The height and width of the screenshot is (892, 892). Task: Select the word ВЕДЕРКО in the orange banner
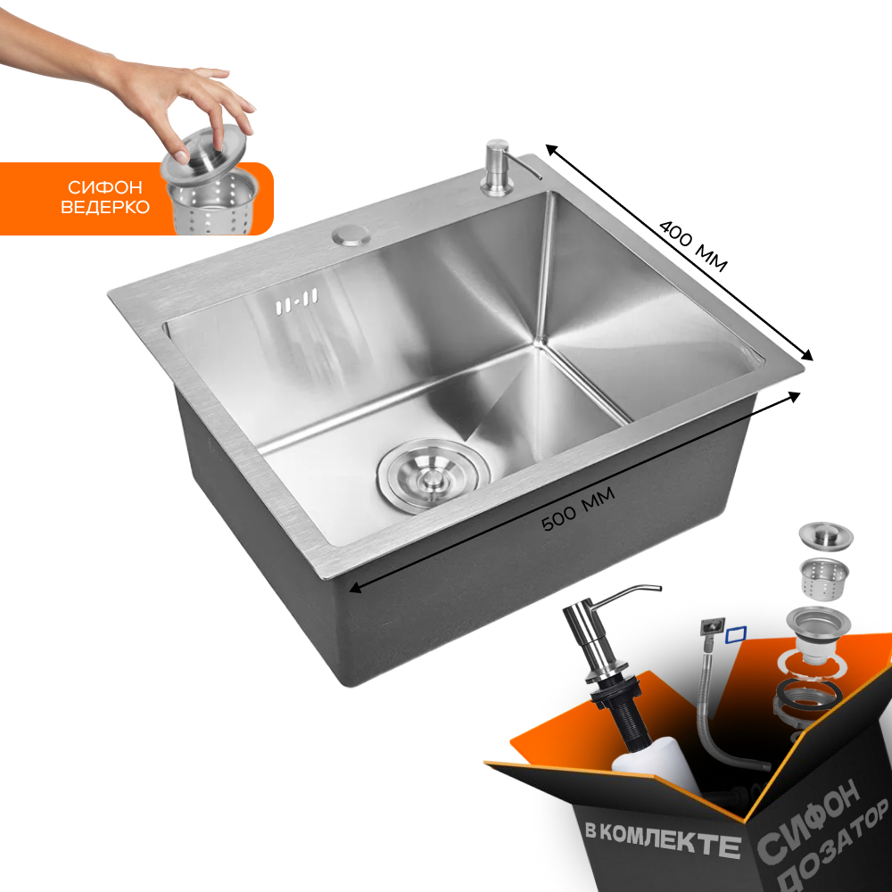(x=106, y=207)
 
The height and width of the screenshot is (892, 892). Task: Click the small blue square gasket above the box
(x=737, y=633)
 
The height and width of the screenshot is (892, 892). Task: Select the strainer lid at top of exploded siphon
(x=824, y=536)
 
